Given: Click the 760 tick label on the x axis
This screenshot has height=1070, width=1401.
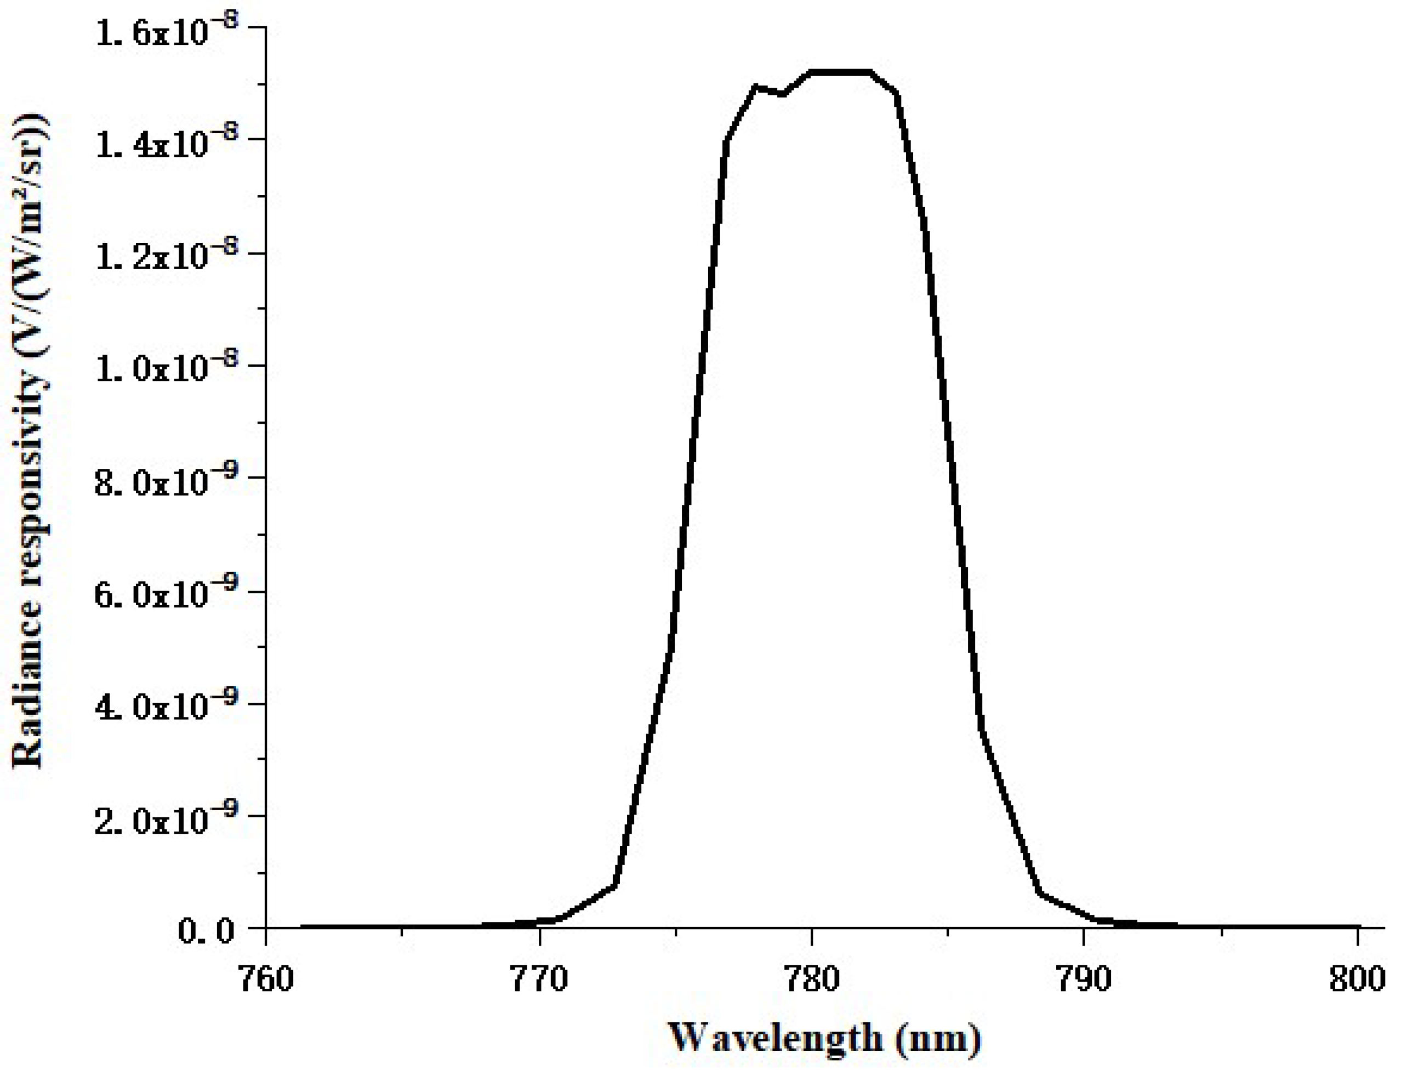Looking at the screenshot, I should pyautogui.click(x=265, y=979).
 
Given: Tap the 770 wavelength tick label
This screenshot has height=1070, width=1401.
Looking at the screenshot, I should pyautogui.click(x=539, y=979).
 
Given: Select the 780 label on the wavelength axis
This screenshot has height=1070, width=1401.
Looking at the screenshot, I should pyautogui.click(x=812, y=979).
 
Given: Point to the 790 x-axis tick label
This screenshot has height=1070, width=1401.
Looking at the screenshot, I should pyautogui.click(x=1084, y=979).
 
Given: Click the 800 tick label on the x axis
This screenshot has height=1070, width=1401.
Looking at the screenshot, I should pyautogui.click(x=1357, y=979).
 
